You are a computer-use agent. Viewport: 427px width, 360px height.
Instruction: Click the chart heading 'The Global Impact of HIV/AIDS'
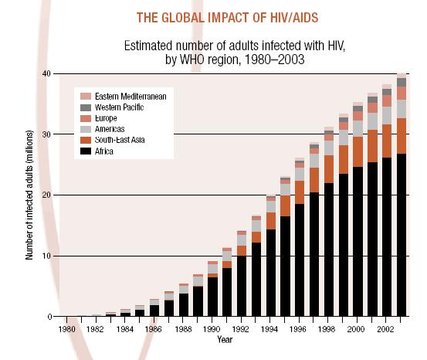(x=227, y=18)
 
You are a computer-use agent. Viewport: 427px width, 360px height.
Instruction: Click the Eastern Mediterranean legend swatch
(x=86, y=97)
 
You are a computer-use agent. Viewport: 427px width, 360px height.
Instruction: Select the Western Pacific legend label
(x=119, y=107)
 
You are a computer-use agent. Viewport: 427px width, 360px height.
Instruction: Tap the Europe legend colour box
(x=86, y=118)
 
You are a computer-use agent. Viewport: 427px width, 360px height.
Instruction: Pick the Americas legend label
(x=110, y=129)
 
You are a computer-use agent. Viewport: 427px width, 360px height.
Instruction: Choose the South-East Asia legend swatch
(x=86, y=140)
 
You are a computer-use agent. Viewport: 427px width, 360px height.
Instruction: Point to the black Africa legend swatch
(x=86, y=151)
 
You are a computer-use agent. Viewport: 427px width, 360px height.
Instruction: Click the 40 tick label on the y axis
(x=46, y=73)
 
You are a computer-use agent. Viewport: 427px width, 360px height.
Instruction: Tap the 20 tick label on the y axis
(x=46, y=195)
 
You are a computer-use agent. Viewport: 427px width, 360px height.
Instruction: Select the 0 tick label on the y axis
(x=49, y=317)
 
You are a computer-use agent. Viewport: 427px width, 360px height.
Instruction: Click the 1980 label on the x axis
(x=66, y=329)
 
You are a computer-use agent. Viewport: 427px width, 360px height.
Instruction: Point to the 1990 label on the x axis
(x=212, y=329)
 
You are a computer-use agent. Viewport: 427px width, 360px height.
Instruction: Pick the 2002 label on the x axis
(x=385, y=329)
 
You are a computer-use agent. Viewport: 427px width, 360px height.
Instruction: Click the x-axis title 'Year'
(x=225, y=340)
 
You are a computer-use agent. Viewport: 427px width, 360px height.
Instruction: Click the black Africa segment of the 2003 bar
(x=402, y=235)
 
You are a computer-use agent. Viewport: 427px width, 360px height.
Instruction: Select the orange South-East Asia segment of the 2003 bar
(x=402, y=136)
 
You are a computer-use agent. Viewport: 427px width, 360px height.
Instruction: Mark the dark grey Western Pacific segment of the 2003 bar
(x=402, y=83)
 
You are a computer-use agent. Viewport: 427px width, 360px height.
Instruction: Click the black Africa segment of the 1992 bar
(x=242, y=286)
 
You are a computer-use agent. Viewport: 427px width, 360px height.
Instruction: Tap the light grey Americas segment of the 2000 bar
(x=358, y=128)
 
